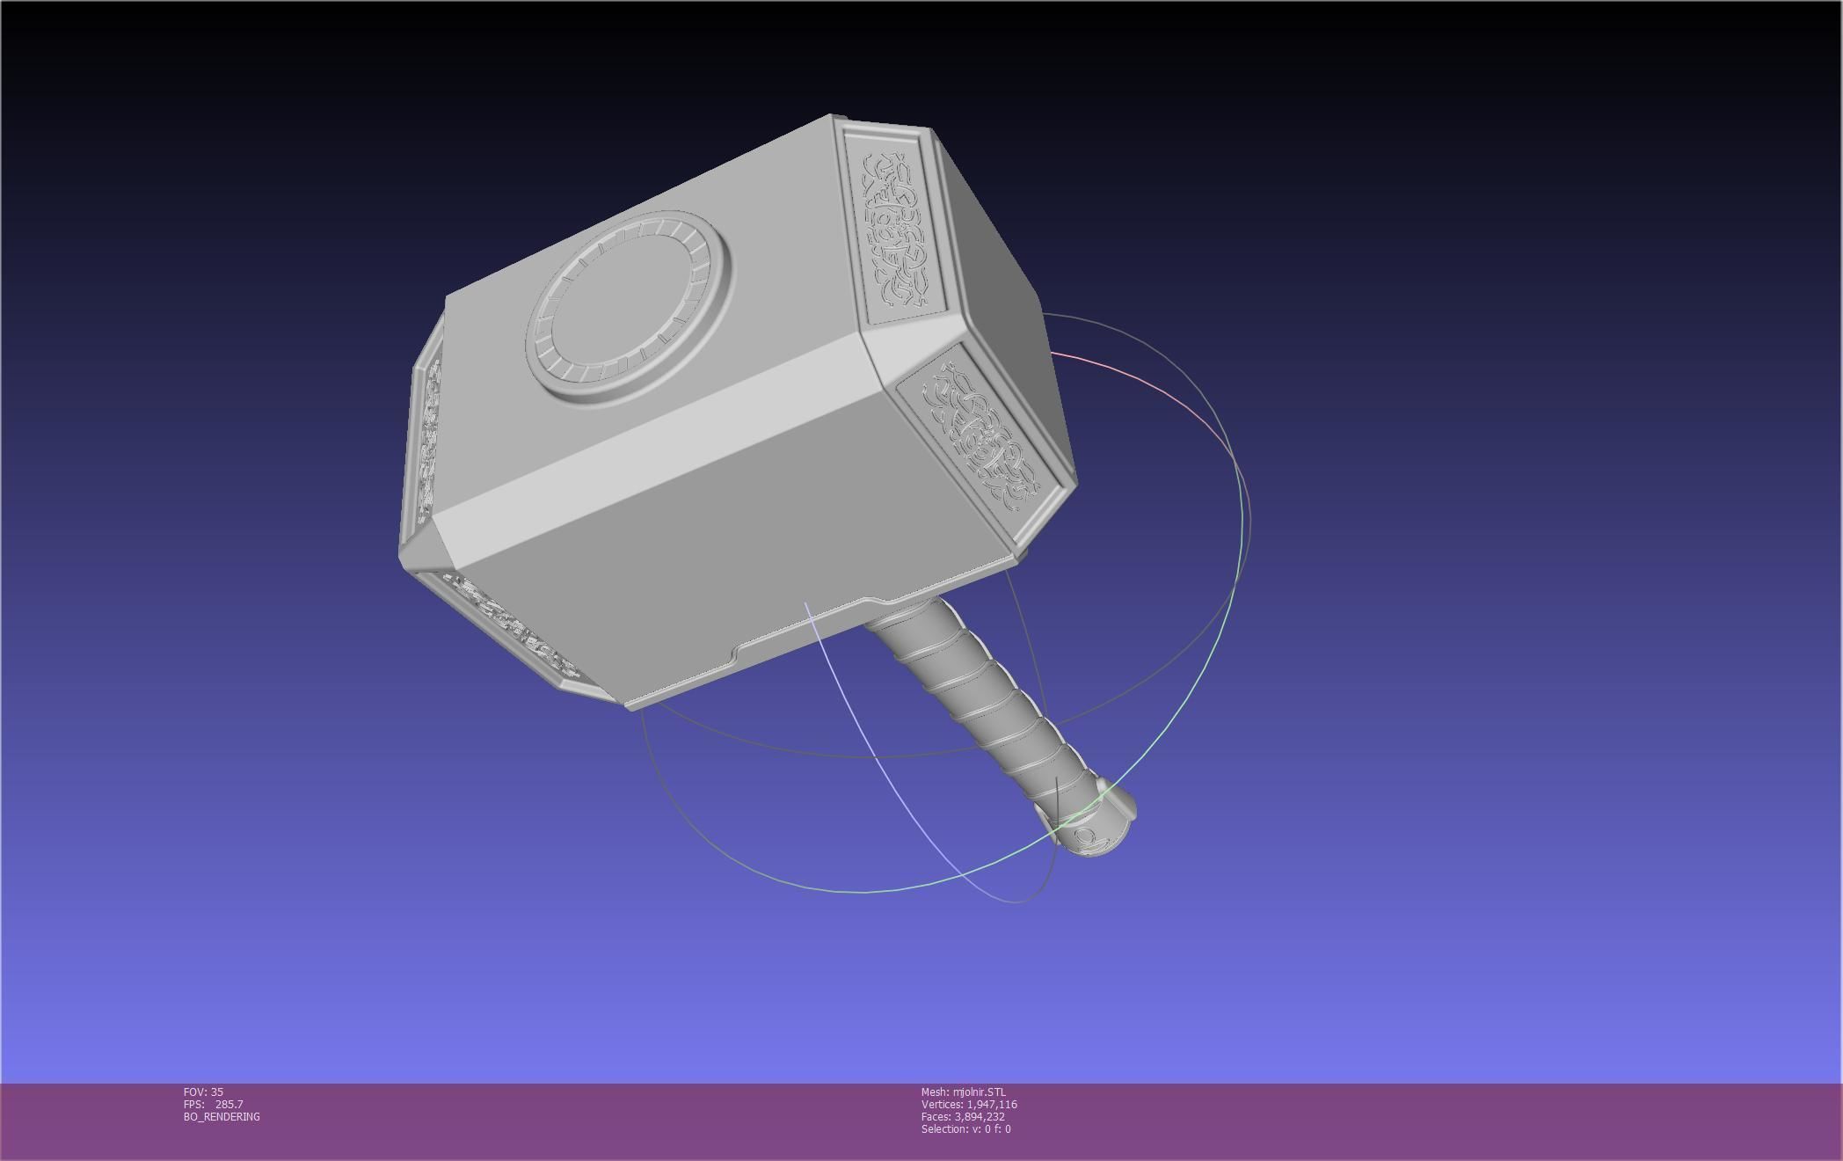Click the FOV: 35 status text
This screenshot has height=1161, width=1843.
(x=203, y=1092)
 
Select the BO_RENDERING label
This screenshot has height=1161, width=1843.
(x=222, y=1116)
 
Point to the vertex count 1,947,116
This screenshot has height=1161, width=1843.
(x=991, y=1104)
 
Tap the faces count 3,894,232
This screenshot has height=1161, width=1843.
(x=979, y=1116)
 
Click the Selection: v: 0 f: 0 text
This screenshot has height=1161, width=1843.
(x=965, y=1128)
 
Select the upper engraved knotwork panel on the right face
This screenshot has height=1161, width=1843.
(x=895, y=229)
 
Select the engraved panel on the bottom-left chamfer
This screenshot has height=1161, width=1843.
(x=510, y=625)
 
